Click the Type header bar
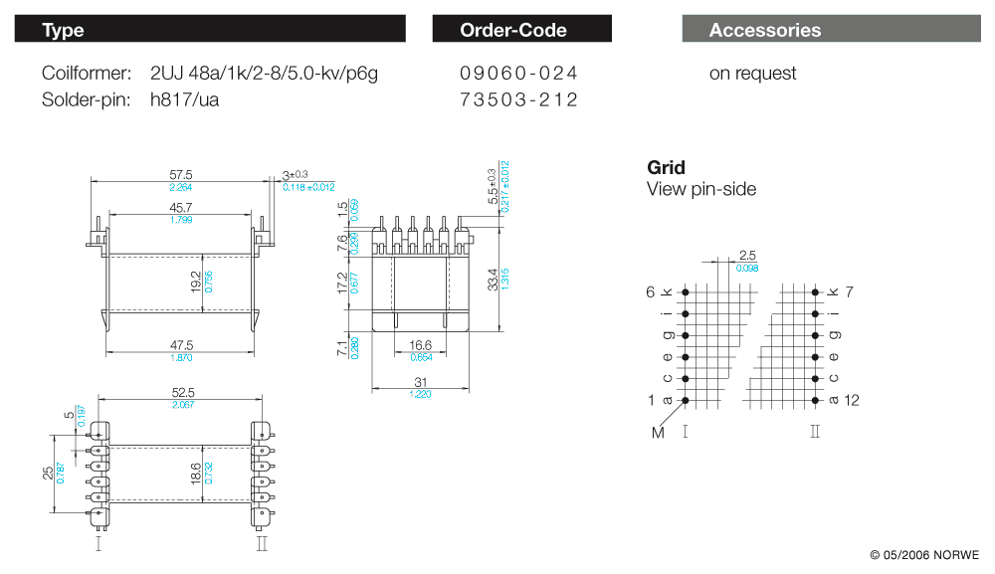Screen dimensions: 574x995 tap(210, 30)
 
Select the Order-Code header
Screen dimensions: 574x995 tap(521, 30)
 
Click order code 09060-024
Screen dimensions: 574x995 tap(518, 74)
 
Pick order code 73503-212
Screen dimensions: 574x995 tap(518, 99)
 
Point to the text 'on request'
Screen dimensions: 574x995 tap(752, 74)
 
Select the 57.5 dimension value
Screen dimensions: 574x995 tap(181, 174)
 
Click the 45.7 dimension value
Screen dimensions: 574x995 tap(181, 207)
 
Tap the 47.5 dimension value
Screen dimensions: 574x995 tap(181, 345)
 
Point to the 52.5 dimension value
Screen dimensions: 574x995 tap(181, 393)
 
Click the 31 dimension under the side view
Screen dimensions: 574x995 tap(422, 384)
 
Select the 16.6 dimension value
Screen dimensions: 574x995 tap(421, 345)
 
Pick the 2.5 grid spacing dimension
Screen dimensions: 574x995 tap(748, 256)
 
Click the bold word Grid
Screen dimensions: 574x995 tap(666, 167)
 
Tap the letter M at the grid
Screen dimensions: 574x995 tap(657, 432)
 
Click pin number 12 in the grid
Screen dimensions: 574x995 tap(852, 400)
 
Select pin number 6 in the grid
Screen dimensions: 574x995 tap(651, 291)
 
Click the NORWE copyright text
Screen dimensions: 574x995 tap(924, 554)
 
